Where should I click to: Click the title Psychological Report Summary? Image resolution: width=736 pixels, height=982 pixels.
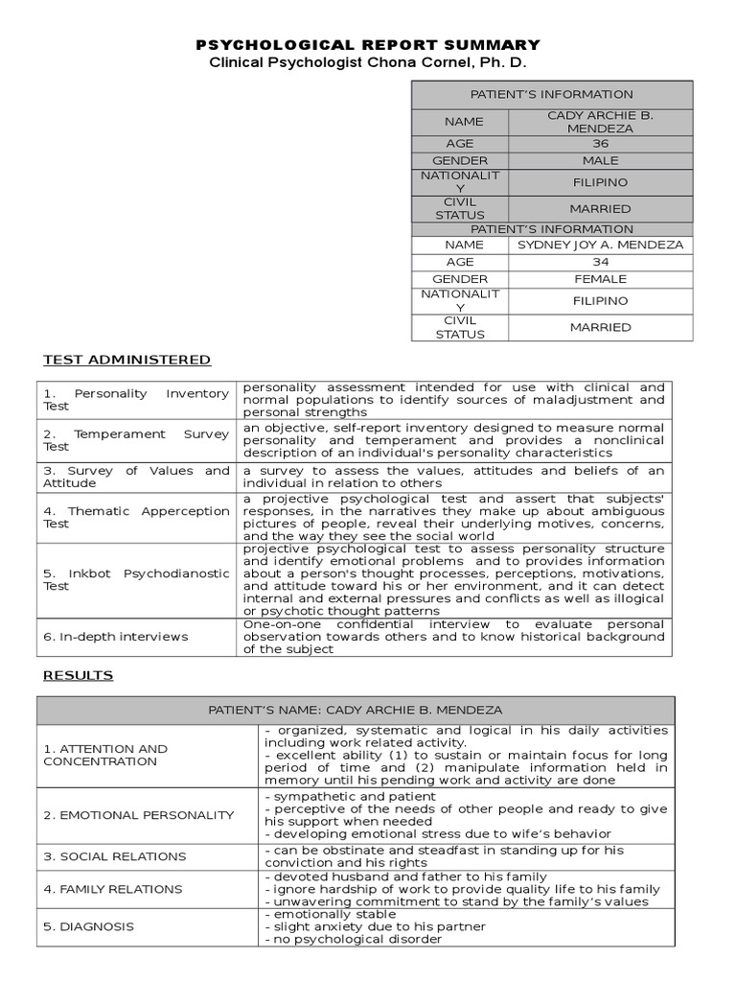tap(368, 45)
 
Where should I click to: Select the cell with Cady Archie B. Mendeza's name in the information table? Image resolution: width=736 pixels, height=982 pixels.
tap(600, 122)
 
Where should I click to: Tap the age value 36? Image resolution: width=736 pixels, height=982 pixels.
tap(600, 143)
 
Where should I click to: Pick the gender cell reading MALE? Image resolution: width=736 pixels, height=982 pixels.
tap(600, 160)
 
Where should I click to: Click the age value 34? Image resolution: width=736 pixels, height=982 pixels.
tap(600, 262)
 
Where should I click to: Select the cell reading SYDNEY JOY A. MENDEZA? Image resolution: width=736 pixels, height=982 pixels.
tap(600, 245)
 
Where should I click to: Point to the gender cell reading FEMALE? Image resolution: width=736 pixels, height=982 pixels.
tap(600, 279)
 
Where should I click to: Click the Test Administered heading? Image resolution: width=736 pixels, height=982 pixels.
tap(126, 360)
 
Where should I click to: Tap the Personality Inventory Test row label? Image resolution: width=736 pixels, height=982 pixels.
tap(136, 400)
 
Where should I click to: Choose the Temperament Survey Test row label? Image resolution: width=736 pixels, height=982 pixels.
tap(136, 440)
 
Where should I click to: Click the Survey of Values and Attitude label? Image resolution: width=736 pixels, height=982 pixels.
tap(136, 477)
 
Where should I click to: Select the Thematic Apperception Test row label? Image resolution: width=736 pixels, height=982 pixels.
tap(136, 517)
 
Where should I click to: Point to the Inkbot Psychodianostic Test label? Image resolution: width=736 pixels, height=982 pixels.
tap(136, 579)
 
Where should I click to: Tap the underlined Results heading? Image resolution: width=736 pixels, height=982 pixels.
tap(78, 675)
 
